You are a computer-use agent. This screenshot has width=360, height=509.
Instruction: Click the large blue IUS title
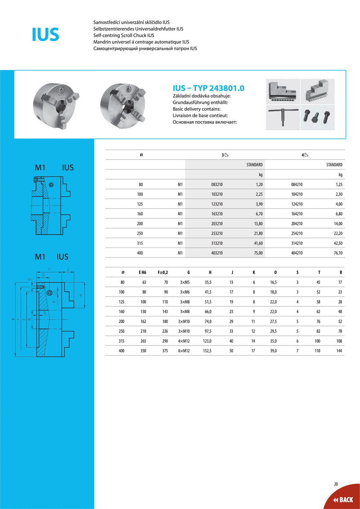pyautogui.click(x=45, y=34)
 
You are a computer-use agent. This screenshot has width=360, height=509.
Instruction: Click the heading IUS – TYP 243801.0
pyautogui.click(x=208, y=88)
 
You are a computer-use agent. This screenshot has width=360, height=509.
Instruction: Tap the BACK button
pyautogui.click(x=343, y=500)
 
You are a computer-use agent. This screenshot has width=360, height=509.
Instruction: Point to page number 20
pyautogui.click(x=336, y=484)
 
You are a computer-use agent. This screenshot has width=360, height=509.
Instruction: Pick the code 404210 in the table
pyautogui.click(x=297, y=253)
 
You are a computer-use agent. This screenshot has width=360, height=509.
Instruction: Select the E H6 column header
pyautogui.click(x=142, y=272)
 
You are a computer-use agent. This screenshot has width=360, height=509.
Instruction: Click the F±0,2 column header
pyautogui.click(x=162, y=272)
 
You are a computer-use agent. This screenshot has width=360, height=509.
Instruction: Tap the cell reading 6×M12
pyautogui.click(x=184, y=351)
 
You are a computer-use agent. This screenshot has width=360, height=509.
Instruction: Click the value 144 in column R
pyautogui.click(x=339, y=351)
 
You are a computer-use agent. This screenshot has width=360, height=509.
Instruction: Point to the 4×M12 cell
pyautogui.click(x=184, y=341)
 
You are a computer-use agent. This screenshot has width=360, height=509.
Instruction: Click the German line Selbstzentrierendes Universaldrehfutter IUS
pyautogui.click(x=138, y=28)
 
